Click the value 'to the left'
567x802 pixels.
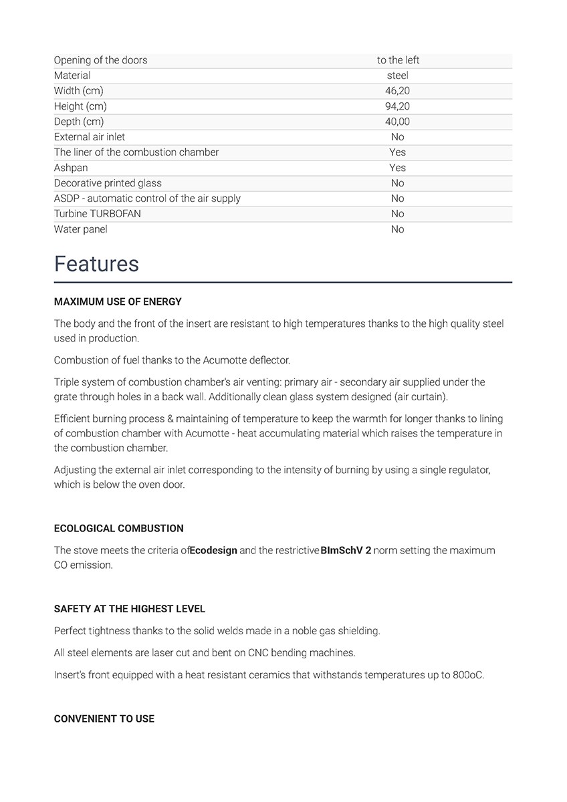click(398, 60)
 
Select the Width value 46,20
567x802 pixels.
click(398, 91)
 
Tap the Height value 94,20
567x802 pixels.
click(398, 106)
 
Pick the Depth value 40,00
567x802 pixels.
click(398, 122)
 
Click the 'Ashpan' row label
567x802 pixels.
click(71, 168)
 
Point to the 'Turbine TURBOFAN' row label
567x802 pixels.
click(98, 214)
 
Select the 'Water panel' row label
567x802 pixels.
click(81, 229)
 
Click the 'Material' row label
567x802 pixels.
click(72, 76)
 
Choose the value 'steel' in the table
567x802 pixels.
click(398, 76)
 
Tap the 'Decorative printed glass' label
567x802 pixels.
click(108, 183)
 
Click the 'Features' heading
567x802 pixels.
click(96, 264)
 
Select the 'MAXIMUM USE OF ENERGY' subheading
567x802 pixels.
click(118, 302)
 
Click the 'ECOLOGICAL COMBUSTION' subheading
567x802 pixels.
click(118, 529)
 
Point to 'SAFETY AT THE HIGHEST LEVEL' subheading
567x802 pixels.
click(130, 610)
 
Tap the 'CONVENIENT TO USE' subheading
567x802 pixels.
click(104, 719)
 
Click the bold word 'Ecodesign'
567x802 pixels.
click(213, 551)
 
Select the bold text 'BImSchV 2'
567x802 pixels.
click(346, 551)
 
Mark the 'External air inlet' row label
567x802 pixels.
click(90, 137)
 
